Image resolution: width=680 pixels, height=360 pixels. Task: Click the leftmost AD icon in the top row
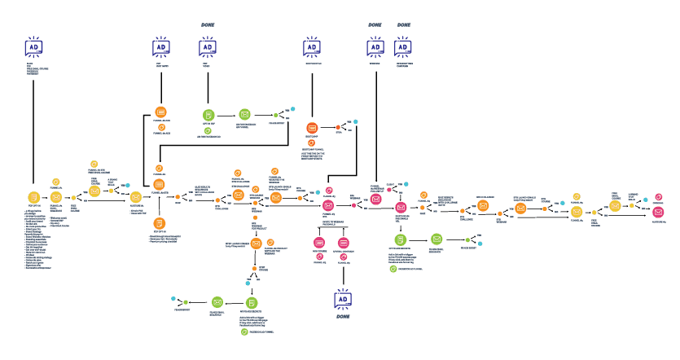coord(33,48)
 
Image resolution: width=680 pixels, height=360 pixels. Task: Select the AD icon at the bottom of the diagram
coord(343,299)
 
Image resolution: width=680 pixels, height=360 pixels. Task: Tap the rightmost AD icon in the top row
coord(403,47)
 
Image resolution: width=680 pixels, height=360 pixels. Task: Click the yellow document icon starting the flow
coord(33,197)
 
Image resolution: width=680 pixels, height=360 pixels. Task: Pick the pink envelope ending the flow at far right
coord(658,212)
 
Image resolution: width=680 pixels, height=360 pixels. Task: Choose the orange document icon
coord(160,222)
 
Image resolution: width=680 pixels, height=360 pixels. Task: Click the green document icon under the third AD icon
coord(208,115)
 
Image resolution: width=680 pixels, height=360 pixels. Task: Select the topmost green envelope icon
coord(244,115)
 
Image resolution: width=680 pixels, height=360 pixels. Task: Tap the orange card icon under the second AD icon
coord(161,112)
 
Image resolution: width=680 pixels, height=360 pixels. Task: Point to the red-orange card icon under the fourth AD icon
coord(312,128)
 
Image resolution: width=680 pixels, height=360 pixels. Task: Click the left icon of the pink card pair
coord(319,243)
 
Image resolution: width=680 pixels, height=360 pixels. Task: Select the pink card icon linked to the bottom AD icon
coord(344,243)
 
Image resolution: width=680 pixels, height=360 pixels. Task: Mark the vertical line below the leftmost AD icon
coord(33,130)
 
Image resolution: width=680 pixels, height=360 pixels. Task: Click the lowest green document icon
coord(252,303)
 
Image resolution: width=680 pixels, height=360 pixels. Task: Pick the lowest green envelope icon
coord(217,302)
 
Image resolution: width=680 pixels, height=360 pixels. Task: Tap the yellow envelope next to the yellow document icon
coord(56,197)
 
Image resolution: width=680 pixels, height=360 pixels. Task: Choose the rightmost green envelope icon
coord(437,239)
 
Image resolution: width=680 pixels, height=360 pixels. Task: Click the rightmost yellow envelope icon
coord(615,206)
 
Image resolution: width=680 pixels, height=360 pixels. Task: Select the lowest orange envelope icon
coord(257,243)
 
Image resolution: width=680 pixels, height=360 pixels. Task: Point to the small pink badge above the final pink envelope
coord(659,197)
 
